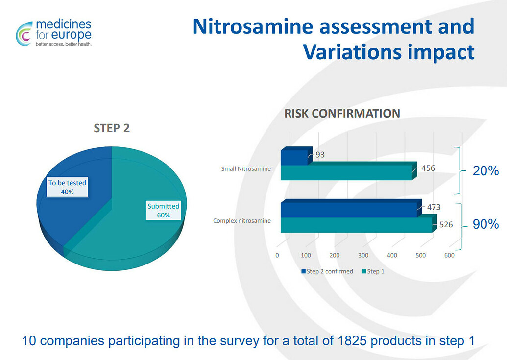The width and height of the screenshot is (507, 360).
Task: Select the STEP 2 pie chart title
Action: pyautogui.click(x=112, y=128)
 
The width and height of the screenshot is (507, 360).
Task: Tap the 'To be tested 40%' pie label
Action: pyautogui.click(x=67, y=187)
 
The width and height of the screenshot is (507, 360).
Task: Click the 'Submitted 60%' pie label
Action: pyautogui.click(x=163, y=211)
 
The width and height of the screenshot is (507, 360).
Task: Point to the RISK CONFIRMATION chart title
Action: pyautogui.click(x=342, y=113)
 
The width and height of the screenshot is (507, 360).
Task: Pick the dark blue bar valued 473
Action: pyautogui.click(x=349, y=209)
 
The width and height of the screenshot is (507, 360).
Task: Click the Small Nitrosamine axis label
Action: pyautogui.click(x=246, y=169)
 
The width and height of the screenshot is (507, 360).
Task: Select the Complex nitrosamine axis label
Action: pyautogui.click(x=242, y=221)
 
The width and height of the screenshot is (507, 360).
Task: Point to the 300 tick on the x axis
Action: pyautogui.click(x=363, y=255)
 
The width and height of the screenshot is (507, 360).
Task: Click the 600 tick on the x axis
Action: pyautogui.click(x=449, y=255)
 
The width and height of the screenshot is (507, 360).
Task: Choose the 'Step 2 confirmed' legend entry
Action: pyautogui.click(x=327, y=271)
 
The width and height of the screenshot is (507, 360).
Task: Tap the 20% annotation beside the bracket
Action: pyautogui.click(x=485, y=171)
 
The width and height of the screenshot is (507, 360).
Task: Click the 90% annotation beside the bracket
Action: pyautogui.click(x=485, y=225)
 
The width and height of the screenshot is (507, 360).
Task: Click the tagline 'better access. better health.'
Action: pyautogui.click(x=63, y=44)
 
